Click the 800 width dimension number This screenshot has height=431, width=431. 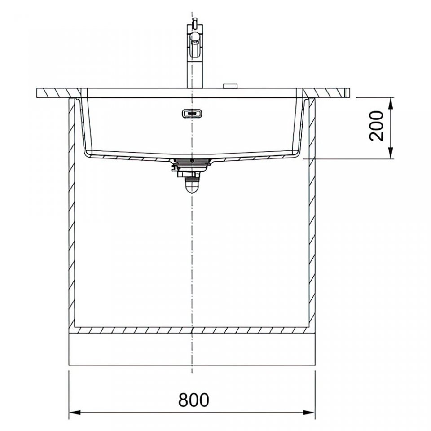(x=194, y=400)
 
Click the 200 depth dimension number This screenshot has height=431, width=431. (x=376, y=126)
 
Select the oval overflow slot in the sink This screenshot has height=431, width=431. (x=192, y=113)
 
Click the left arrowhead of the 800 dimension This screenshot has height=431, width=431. (x=75, y=413)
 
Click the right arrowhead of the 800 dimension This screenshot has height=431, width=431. (x=309, y=413)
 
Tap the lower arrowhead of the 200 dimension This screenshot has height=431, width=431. (x=391, y=153)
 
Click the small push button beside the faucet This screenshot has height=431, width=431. (x=230, y=85)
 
